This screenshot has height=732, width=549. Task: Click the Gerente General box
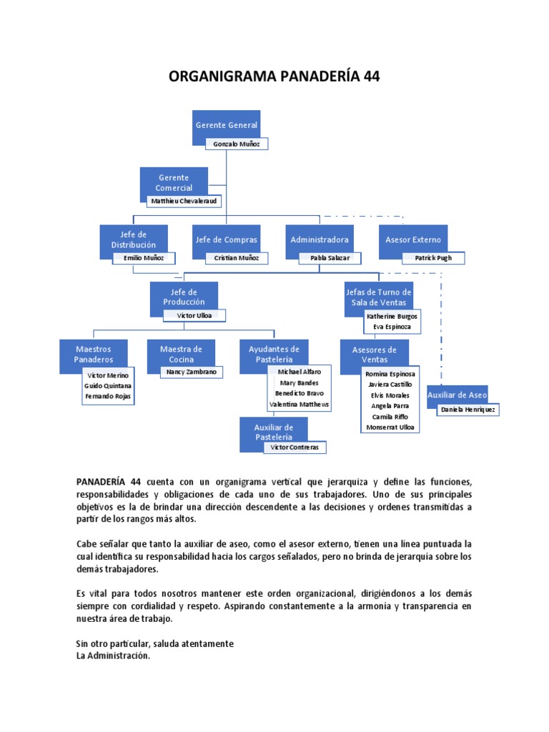pos(226,124)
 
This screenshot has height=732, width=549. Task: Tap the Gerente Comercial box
pos(174,182)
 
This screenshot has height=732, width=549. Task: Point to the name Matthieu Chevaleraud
pos(184,201)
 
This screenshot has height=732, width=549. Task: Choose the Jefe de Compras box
pos(226,239)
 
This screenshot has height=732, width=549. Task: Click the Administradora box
pos(320,239)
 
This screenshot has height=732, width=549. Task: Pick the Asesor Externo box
pos(412,239)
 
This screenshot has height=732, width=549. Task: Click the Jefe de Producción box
pos(184,297)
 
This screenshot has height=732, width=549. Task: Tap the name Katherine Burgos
pos(392,315)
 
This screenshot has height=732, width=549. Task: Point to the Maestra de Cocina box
pos(181,354)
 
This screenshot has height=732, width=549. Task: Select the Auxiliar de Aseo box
pos(457,395)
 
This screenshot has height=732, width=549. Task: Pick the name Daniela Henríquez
pos(468,410)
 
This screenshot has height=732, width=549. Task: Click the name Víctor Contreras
pos(295,447)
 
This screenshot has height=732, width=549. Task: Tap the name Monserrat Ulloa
pos(390,427)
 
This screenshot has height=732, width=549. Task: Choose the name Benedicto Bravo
pos(299,393)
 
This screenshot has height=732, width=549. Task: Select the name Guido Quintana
pos(108,385)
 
